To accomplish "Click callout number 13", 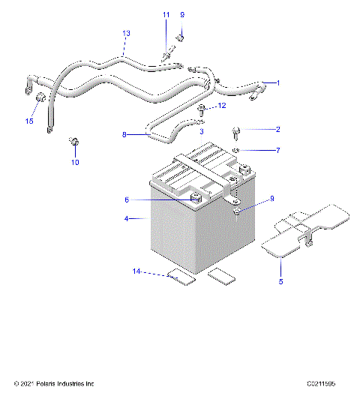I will click(126, 34).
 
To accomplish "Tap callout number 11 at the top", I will click(166, 15).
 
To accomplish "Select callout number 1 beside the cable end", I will click(277, 82).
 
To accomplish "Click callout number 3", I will click(201, 131).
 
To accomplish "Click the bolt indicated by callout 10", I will click(74, 141).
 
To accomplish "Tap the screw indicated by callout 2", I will click(238, 133).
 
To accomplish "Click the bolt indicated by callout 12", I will click(202, 110).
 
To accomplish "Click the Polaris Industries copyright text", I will click(54, 384).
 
